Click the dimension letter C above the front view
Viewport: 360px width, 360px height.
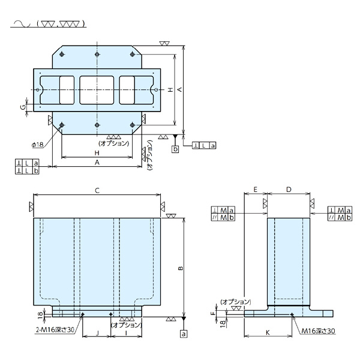point(97,190)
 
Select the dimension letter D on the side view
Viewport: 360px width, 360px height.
point(289,190)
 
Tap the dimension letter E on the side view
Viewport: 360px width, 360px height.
point(255,190)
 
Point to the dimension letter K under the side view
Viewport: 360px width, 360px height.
point(268,331)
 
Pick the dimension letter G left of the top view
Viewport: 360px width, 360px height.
point(23,107)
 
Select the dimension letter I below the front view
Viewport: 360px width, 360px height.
point(126,331)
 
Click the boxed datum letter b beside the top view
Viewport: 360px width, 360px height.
point(175,148)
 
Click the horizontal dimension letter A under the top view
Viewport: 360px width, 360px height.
point(97,163)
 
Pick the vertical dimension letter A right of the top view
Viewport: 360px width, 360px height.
point(179,89)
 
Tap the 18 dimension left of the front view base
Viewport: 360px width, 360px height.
point(40,314)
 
